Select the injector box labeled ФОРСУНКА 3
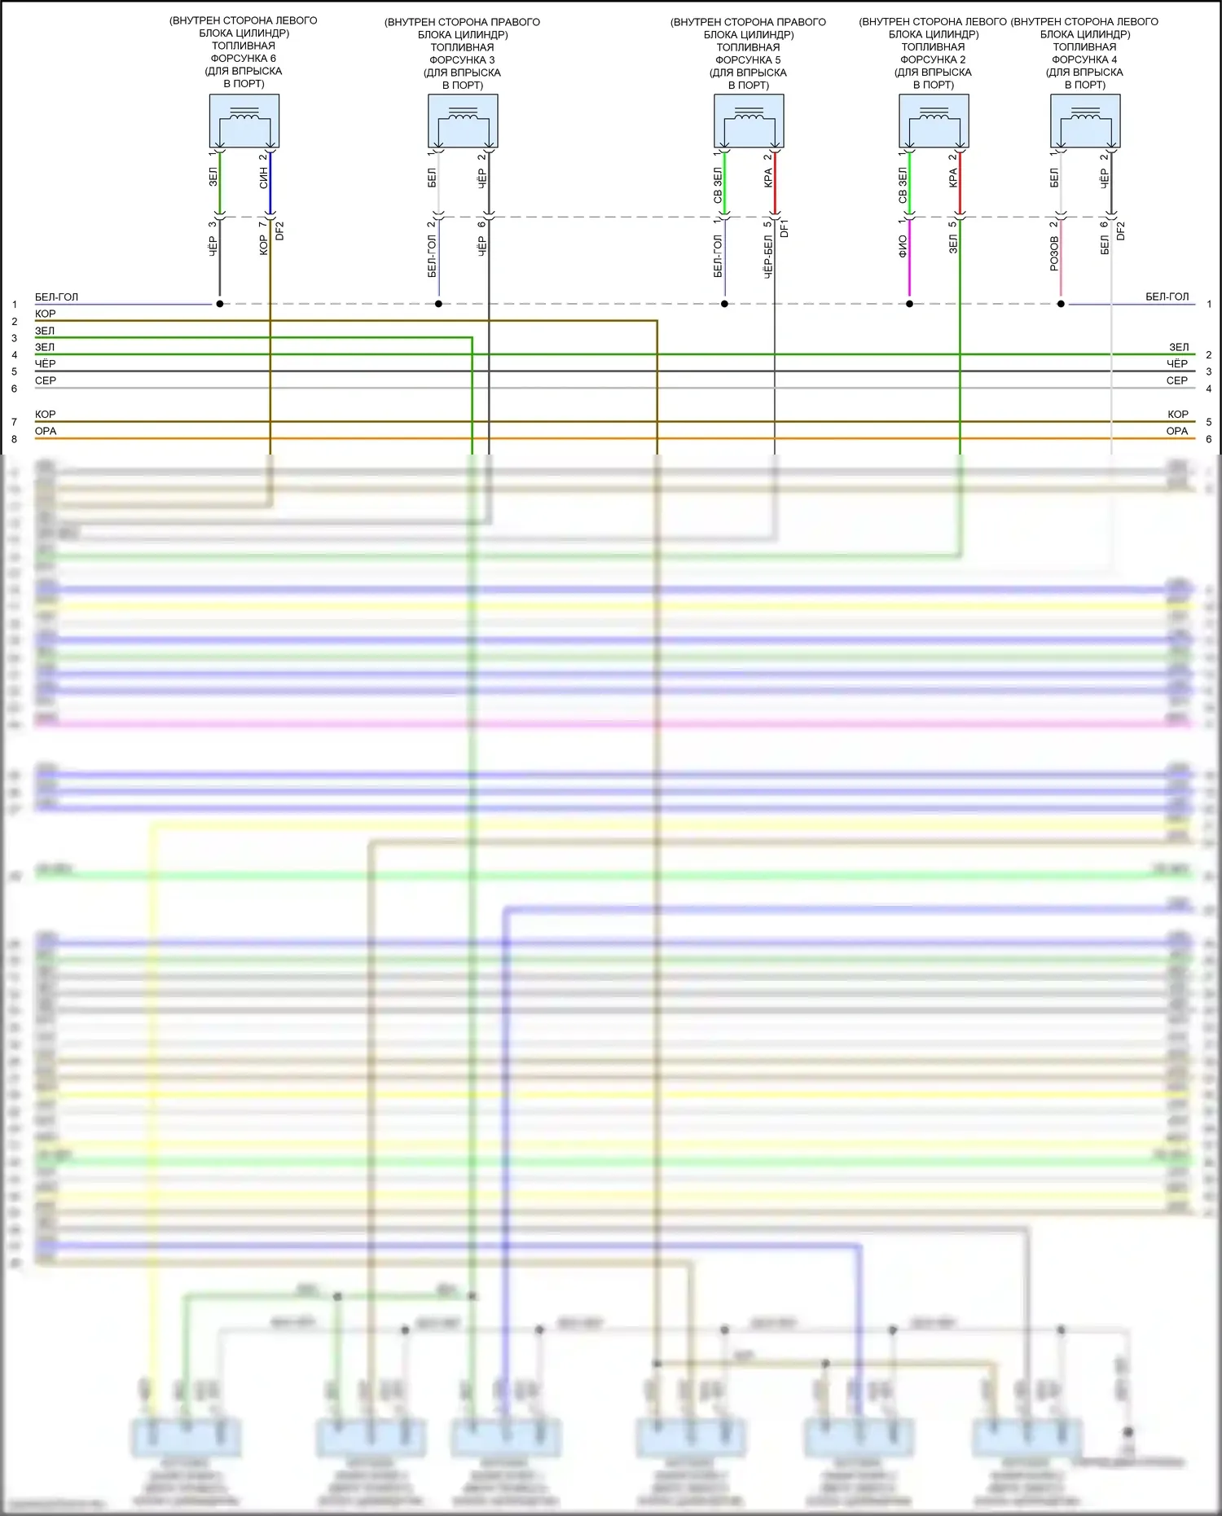pyautogui.click(x=463, y=121)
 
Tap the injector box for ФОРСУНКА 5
pyautogui.click(x=749, y=121)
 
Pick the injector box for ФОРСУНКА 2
pyautogui.click(x=934, y=121)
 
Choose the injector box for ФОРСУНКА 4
pyautogui.click(x=1085, y=121)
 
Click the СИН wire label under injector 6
pyautogui.click(x=263, y=178)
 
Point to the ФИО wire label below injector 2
pyautogui.click(x=903, y=246)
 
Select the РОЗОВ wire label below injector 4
pyautogui.click(x=1054, y=253)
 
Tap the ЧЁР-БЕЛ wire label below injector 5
pyautogui.click(x=768, y=257)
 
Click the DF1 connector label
pyautogui.click(x=785, y=228)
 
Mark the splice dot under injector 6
pyautogui.click(x=220, y=304)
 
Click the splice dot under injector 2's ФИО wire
pyautogui.click(x=909, y=304)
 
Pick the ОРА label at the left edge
pyautogui.click(x=46, y=431)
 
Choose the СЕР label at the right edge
pyautogui.click(x=1176, y=380)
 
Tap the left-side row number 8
pyautogui.click(x=14, y=439)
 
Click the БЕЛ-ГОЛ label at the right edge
pyautogui.click(x=1167, y=297)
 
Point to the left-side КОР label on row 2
pyautogui.click(x=46, y=314)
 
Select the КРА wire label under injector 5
pyautogui.click(x=768, y=178)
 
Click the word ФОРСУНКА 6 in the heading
pyautogui.click(x=243, y=59)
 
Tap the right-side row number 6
pyautogui.click(x=1209, y=439)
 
